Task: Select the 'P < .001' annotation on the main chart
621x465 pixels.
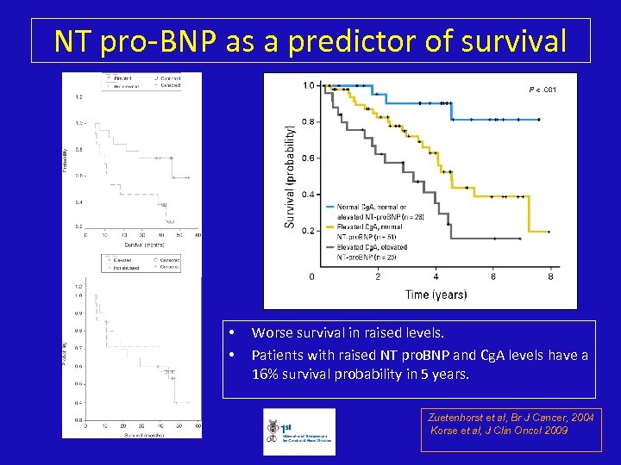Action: click(x=543, y=89)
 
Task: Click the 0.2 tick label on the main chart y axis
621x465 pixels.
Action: click(x=308, y=231)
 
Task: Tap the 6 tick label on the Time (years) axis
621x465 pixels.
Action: click(x=493, y=276)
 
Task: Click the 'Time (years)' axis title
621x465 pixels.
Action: click(x=436, y=294)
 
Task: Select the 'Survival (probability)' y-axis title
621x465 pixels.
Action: click(x=290, y=177)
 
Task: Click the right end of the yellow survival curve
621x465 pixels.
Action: click(x=549, y=231)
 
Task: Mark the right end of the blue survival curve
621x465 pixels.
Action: click(x=539, y=119)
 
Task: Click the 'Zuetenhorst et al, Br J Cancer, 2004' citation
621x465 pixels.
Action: click(x=511, y=418)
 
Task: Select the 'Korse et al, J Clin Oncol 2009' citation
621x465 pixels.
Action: click(x=499, y=431)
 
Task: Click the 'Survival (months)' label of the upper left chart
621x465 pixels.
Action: click(x=141, y=245)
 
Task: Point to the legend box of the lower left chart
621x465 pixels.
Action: click(x=141, y=262)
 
